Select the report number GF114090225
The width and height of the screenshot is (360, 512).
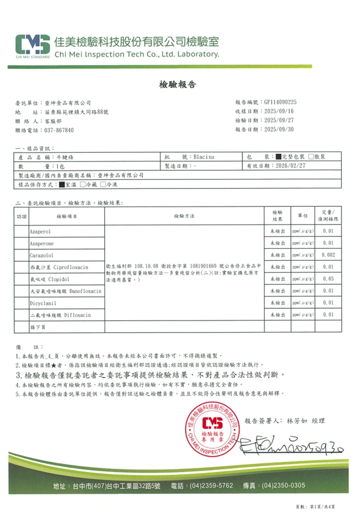(289, 102)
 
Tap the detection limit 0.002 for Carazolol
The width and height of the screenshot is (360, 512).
(328, 255)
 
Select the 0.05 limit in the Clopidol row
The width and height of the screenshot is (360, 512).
(328, 278)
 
